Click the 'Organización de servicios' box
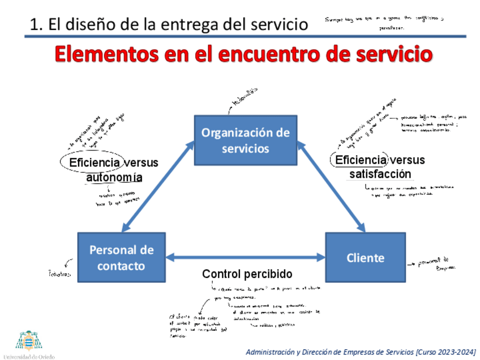point(246,140)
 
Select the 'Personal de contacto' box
point(121,258)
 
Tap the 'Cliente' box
point(365,258)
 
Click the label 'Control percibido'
point(247,274)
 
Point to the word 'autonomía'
point(114,177)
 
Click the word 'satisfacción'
point(380,174)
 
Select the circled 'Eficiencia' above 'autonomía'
point(94,163)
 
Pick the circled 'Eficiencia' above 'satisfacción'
point(361,160)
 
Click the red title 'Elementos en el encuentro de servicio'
point(244,55)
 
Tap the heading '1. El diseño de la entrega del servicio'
point(169,24)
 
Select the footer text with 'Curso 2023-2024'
point(361,352)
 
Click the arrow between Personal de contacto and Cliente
point(246,258)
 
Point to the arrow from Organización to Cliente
point(331,187)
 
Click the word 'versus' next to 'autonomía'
point(141,163)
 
